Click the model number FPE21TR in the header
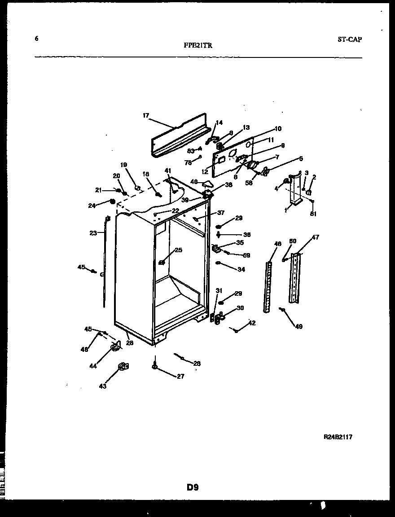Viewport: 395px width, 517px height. pos(197,45)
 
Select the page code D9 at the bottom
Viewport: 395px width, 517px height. pos(193,486)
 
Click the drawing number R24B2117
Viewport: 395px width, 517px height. pos(338,437)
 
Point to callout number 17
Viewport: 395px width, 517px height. pos(146,115)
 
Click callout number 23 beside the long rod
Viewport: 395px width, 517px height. pos(93,233)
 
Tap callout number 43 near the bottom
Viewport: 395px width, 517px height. pos(103,386)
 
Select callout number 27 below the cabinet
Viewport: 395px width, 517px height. pos(180,377)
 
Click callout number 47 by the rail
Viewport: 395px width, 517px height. pos(315,237)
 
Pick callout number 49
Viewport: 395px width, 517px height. pos(298,326)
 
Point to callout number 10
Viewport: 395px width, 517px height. pos(278,129)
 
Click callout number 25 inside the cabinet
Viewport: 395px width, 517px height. pos(179,250)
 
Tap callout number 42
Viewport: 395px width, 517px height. pos(252,323)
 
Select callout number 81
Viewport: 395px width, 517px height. pos(313,214)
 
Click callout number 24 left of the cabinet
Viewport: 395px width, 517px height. pos(92,206)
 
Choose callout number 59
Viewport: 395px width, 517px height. pos(246,255)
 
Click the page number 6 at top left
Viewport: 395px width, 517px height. pos(36,39)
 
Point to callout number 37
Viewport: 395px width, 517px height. pos(221,213)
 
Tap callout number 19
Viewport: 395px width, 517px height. pos(123,165)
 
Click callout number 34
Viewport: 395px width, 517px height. pos(241,270)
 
